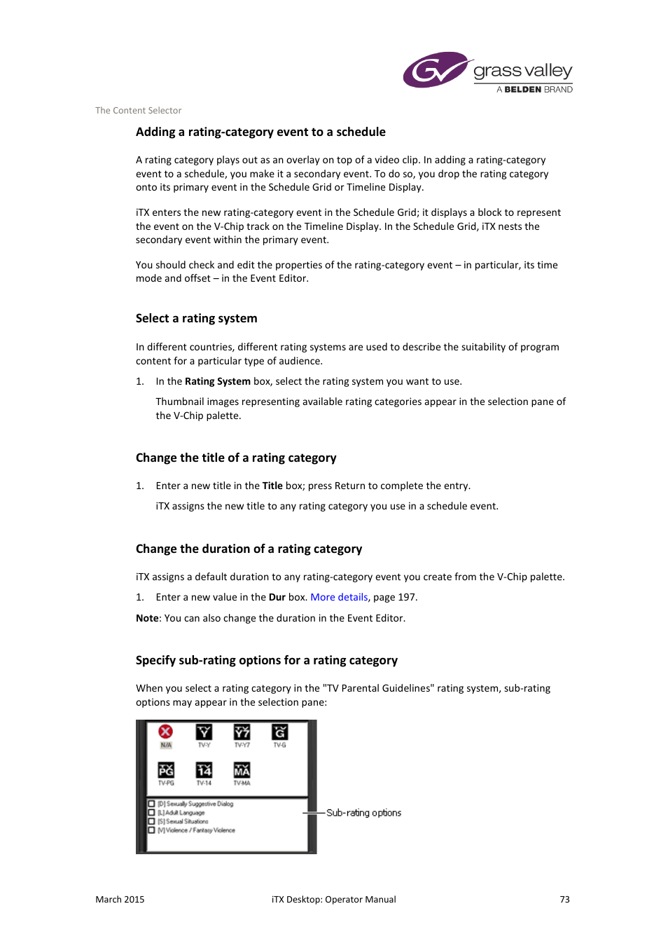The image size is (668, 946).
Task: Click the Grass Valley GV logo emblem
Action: point(434,70)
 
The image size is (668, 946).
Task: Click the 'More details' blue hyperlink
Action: point(339,597)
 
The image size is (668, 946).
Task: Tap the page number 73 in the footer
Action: point(564,899)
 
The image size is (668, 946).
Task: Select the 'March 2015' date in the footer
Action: point(120,899)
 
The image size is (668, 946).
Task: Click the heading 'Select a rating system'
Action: point(196,318)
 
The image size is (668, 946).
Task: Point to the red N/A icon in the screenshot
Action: point(166,732)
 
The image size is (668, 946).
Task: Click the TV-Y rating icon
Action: point(204,732)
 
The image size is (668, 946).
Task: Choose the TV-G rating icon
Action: point(279,732)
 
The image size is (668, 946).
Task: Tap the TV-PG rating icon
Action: point(166,770)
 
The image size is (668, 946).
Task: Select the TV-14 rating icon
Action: point(204,770)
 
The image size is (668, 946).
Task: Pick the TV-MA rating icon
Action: point(242,770)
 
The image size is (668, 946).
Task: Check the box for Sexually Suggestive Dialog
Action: point(151,804)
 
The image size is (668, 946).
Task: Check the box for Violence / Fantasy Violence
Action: point(151,830)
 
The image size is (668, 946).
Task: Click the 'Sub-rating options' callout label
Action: point(363,813)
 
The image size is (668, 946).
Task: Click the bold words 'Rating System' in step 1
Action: point(217,381)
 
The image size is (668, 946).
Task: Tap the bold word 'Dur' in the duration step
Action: point(277,597)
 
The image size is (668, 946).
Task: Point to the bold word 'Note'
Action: point(147,618)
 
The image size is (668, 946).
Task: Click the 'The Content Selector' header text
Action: point(138,110)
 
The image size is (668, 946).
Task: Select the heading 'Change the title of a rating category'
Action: point(236,458)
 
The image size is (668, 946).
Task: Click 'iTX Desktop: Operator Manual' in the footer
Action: point(333,899)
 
